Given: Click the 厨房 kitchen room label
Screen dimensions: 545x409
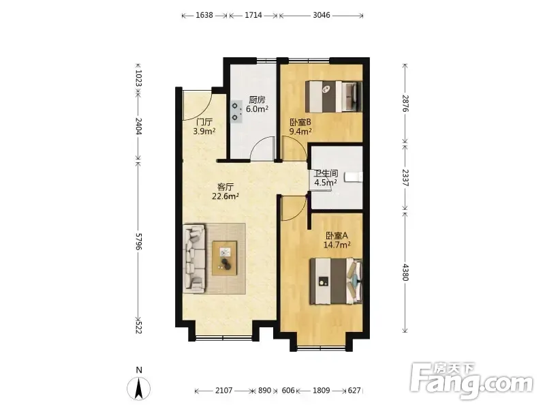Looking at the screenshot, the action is click(258, 100).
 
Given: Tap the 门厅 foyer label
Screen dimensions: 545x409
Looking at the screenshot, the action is click(204, 122).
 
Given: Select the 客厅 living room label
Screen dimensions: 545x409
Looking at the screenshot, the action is click(225, 187).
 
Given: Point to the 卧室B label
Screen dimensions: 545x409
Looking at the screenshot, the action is click(300, 123).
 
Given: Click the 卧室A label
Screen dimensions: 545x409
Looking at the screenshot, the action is click(337, 235).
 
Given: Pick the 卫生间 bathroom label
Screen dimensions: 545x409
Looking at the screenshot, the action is click(326, 173).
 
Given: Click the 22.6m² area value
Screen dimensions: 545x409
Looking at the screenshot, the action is click(225, 196).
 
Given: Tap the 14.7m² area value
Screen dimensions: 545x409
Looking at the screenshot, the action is click(337, 245).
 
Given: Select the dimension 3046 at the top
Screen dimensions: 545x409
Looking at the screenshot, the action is click(321, 15).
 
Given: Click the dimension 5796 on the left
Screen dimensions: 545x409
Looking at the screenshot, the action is click(138, 241).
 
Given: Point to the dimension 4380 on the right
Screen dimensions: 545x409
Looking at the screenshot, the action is click(405, 272).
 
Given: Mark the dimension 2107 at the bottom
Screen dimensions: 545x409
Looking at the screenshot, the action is click(223, 390).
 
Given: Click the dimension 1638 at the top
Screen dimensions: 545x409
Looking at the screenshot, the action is click(204, 15).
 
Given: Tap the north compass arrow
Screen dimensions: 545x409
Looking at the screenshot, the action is click(139, 388).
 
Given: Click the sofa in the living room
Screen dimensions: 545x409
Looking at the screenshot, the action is click(195, 258).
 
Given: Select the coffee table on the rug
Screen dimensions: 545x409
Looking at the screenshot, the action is click(225, 258).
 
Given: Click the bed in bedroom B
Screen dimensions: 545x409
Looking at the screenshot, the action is click(334, 97).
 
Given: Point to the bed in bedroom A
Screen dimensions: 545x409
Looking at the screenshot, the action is click(336, 281).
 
